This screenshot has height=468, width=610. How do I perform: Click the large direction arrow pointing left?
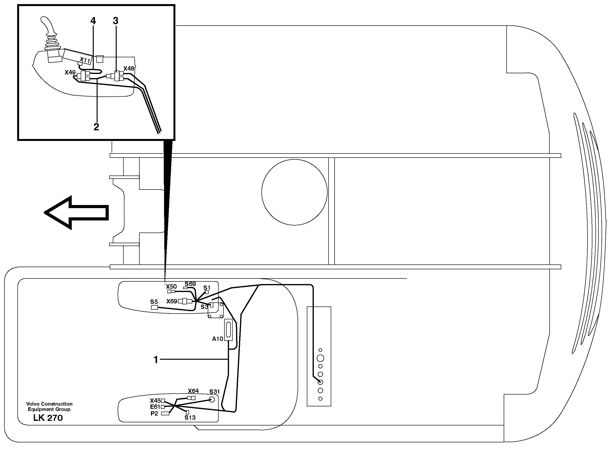click(76, 212)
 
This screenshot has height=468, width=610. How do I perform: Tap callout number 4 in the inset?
click(93, 21)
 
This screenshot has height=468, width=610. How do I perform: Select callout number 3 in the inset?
click(115, 21)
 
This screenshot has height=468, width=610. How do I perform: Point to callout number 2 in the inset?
click(96, 127)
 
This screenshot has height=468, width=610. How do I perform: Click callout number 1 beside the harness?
click(156, 360)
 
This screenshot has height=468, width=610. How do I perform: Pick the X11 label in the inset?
click(85, 60)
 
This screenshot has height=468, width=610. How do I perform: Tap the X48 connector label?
click(129, 68)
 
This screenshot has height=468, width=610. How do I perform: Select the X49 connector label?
click(70, 73)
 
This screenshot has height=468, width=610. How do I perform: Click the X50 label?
click(171, 287)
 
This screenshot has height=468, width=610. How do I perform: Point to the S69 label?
click(190, 284)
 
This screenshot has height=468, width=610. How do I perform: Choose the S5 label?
click(154, 302)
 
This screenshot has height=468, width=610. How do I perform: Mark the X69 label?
click(172, 301)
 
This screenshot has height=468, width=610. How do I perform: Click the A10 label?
click(217, 339)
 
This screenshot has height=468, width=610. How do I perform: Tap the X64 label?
click(193, 391)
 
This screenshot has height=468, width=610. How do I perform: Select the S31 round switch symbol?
click(212, 400)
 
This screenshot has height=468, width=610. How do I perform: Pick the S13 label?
click(190, 417)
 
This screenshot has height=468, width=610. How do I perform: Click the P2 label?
click(154, 413)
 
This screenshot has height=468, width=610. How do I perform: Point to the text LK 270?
click(48, 418)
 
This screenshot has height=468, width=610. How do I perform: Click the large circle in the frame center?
click(294, 192)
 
